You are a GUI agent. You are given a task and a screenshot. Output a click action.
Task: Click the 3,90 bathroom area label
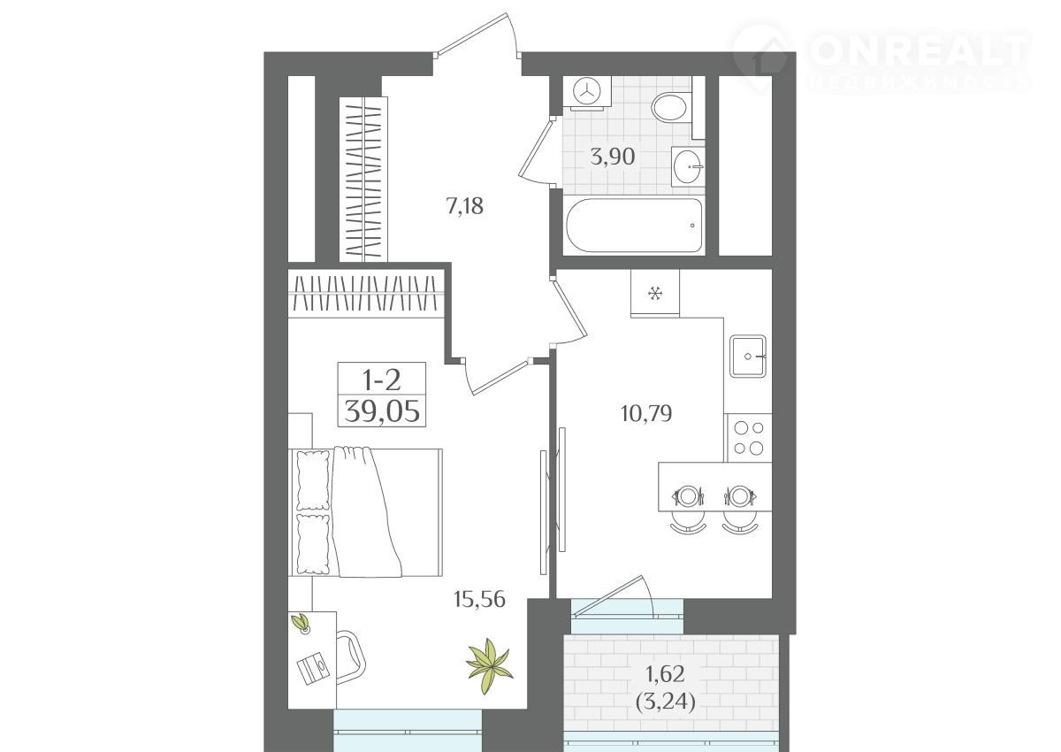point(613,157)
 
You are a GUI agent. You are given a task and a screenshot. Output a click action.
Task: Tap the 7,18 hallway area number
point(465,206)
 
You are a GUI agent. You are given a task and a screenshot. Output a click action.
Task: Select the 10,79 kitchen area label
point(646,414)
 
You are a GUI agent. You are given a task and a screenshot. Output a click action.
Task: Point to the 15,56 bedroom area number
point(479,600)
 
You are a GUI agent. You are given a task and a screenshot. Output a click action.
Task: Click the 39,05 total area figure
point(382,411)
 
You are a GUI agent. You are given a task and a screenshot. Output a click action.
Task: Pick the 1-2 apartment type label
point(381,380)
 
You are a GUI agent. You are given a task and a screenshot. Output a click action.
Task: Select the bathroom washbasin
point(687,166)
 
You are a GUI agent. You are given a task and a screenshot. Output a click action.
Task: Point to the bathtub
point(634,226)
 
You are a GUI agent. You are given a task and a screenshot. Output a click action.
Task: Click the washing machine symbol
point(586,90)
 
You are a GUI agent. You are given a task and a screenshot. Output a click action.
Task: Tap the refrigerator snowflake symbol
point(655,294)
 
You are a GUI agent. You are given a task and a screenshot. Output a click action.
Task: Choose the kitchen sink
point(748,357)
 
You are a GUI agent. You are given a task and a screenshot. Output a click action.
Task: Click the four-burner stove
point(748,438)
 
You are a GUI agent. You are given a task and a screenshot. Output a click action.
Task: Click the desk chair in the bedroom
point(351,656)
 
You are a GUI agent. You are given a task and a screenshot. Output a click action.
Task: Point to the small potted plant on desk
point(301,623)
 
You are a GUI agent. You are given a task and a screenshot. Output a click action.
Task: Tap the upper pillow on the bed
point(313,480)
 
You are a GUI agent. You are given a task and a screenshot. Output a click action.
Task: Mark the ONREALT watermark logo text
point(920,51)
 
